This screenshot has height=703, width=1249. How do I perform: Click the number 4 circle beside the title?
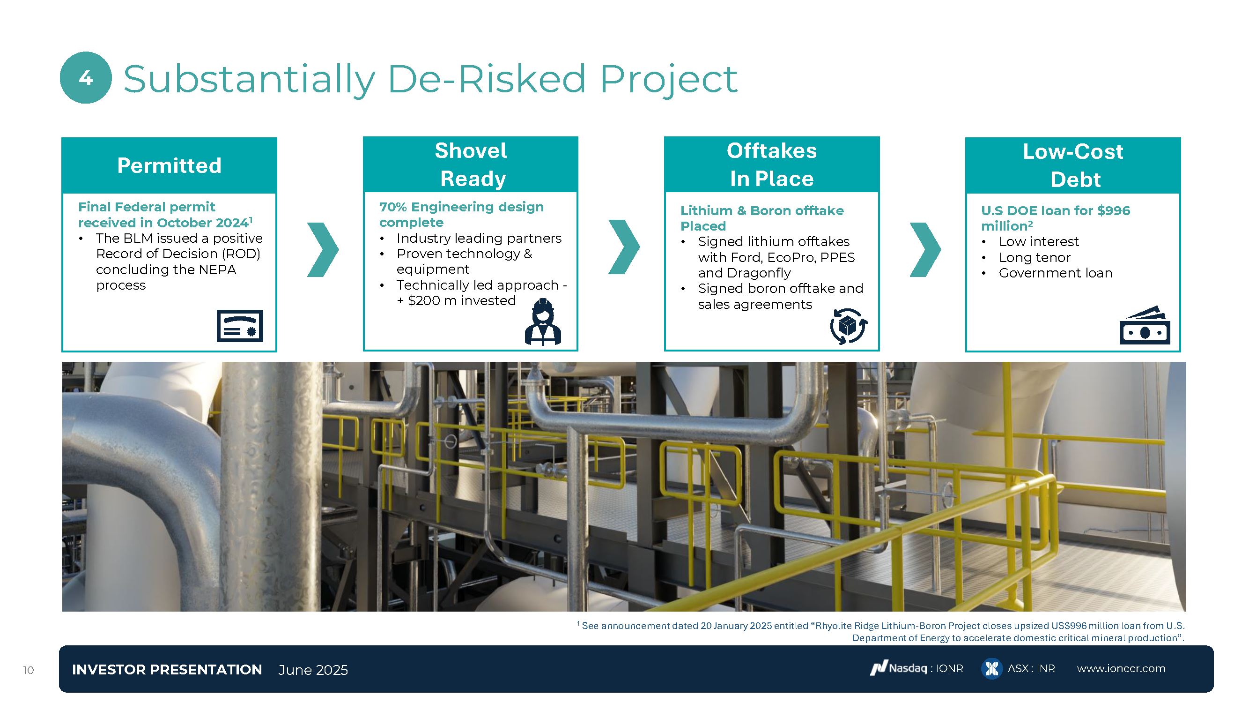point(86,78)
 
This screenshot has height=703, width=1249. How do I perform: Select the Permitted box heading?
point(169,165)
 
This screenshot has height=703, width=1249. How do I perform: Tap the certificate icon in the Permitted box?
point(240,326)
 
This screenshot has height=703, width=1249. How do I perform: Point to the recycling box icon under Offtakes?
point(849,326)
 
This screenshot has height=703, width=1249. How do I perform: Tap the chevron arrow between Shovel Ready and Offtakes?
point(624,247)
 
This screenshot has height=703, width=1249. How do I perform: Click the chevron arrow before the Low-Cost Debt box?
point(925,250)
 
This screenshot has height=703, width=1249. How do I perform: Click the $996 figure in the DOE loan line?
point(1113,210)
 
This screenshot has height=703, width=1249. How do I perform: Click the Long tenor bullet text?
point(1034,257)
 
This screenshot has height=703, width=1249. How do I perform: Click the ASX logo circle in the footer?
point(991,669)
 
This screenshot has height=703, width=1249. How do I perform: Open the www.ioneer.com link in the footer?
point(1121,669)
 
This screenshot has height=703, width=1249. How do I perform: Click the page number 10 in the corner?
point(29,671)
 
